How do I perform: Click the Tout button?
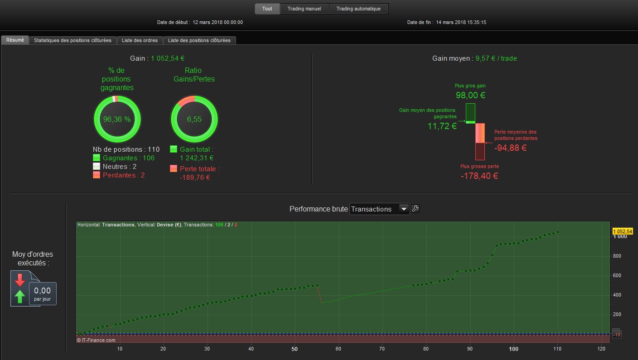(267, 9)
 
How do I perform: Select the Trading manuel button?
(304, 9)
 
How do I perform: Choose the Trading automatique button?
(358, 9)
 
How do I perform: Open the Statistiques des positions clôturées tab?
(72, 40)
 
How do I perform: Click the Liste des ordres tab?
(140, 40)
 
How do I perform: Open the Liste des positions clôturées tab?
(199, 40)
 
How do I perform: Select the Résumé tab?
(15, 40)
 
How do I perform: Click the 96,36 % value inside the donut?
(117, 119)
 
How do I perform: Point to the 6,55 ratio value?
(194, 119)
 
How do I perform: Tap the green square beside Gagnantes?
(97, 158)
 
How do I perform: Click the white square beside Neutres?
(97, 166)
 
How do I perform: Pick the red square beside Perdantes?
(97, 175)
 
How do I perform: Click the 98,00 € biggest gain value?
(470, 96)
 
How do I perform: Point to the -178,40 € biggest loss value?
(479, 176)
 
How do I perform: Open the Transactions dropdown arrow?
(404, 209)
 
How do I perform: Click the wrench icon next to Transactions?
(415, 209)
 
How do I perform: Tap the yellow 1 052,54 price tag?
(623, 231)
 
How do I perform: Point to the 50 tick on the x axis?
(295, 349)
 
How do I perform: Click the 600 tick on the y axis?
(617, 275)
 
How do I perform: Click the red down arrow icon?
(19, 280)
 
